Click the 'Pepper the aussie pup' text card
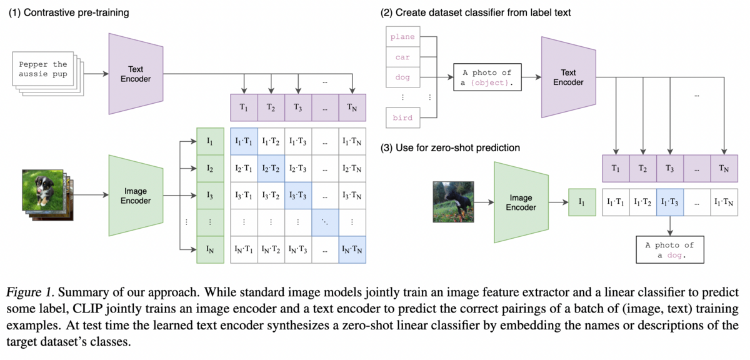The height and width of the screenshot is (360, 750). click(x=42, y=69)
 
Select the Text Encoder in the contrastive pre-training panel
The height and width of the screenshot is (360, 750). click(x=136, y=74)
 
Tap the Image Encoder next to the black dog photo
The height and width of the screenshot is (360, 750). click(x=521, y=202)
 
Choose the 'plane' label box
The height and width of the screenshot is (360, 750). click(x=402, y=37)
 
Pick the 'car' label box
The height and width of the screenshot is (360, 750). click(x=402, y=57)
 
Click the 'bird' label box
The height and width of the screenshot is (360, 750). click(x=402, y=117)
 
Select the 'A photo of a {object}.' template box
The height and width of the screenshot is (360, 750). click(x=486, y=77)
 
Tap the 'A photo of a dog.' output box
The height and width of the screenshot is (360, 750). click(x=669, y=250)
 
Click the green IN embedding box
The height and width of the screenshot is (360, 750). click(x=210, y=250)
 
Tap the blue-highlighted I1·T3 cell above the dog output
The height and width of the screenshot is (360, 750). click(x=670, y=202)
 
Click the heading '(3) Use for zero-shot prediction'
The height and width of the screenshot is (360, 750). click(x=450, y=148)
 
